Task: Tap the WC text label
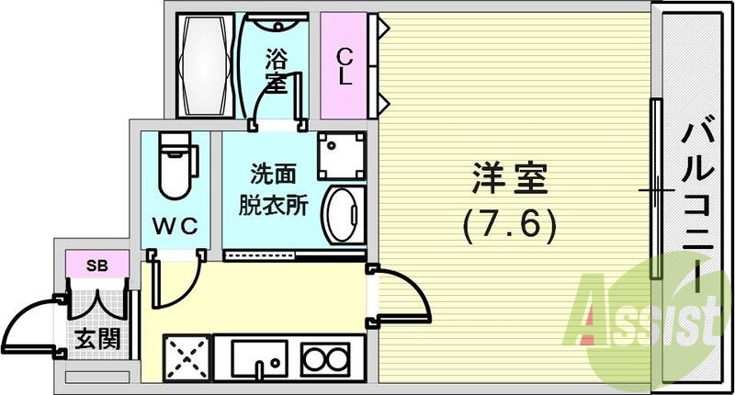point(175,225)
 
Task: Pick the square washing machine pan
point(343,153)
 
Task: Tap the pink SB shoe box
point(95,266)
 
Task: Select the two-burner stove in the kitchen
point(325,358)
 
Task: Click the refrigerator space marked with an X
point(187,358)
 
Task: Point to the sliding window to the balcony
point(656,188)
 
